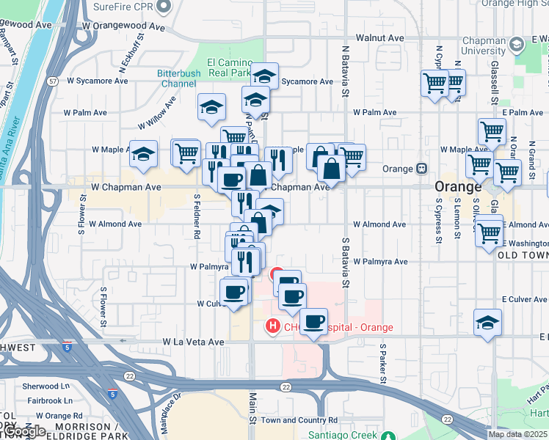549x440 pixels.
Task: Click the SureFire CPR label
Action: coord(125,7)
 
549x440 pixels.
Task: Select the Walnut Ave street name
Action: coord(379,37)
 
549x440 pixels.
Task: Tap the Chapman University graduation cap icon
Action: coord(517,45)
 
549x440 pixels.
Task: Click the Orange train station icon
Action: coord(422,168)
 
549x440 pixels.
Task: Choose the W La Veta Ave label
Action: coord(193,342)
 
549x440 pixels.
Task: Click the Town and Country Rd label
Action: coord(299,420)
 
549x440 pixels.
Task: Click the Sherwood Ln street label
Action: coord(46,386)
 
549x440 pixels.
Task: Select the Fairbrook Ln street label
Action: coord(46,400)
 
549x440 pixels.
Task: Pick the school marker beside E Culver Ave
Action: coord(487,323)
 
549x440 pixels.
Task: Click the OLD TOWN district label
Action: coord(522,254)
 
